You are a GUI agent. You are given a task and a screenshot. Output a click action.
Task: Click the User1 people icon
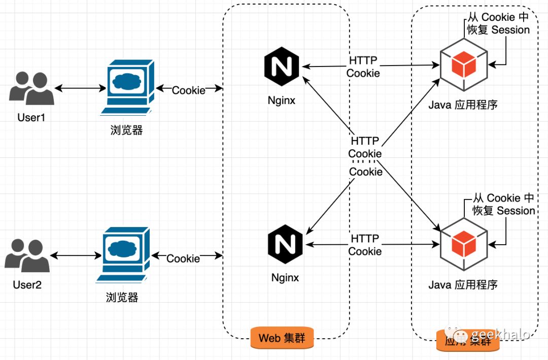(31, 89)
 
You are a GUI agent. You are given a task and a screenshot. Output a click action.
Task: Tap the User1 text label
(31, 118)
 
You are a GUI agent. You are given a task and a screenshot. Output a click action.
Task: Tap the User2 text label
(27, 284)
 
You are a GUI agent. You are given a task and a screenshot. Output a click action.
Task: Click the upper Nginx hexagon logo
(282, 66)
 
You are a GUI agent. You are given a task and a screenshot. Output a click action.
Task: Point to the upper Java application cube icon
(463, 65)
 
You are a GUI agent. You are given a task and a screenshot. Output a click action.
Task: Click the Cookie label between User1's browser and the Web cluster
(189, 90)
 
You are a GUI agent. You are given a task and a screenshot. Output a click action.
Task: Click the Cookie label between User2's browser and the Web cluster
(183, 258)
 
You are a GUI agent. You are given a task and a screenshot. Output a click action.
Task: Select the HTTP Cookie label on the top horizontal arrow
(363, 67)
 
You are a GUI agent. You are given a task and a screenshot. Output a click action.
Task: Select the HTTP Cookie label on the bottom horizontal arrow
(365, 245)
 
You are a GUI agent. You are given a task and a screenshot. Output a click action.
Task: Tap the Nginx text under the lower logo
(285, 278)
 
